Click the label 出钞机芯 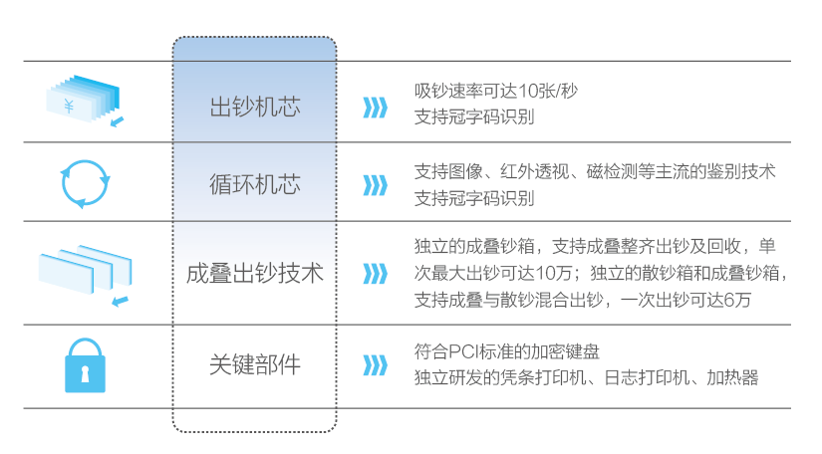255,108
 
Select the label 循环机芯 255,184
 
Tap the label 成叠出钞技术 255,274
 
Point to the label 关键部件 255,364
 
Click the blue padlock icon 85,365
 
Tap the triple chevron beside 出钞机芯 375,108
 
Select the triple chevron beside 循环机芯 375,185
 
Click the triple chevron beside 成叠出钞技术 375,274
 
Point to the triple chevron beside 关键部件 375,365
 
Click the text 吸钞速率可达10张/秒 496,92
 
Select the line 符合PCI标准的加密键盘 507,351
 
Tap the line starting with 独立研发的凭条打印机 586,377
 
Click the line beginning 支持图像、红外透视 595,171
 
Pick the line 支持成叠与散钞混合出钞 583,300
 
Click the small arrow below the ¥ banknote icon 117,122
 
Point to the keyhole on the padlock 85,372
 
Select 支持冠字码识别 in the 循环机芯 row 474,198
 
